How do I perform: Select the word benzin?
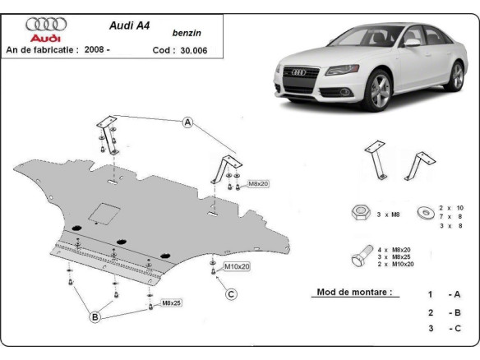(x=187, y=33)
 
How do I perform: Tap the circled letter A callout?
(x=187, y=122)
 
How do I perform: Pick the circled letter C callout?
(x=232, y=294)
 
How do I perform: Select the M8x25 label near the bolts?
(x=173, y=304)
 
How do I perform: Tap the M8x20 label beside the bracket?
(x=258, y=183)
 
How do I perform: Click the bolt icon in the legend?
(x=358, y=256)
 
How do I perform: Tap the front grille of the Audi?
(x=296, y=85)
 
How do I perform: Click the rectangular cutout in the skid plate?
(x=105, y=212)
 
